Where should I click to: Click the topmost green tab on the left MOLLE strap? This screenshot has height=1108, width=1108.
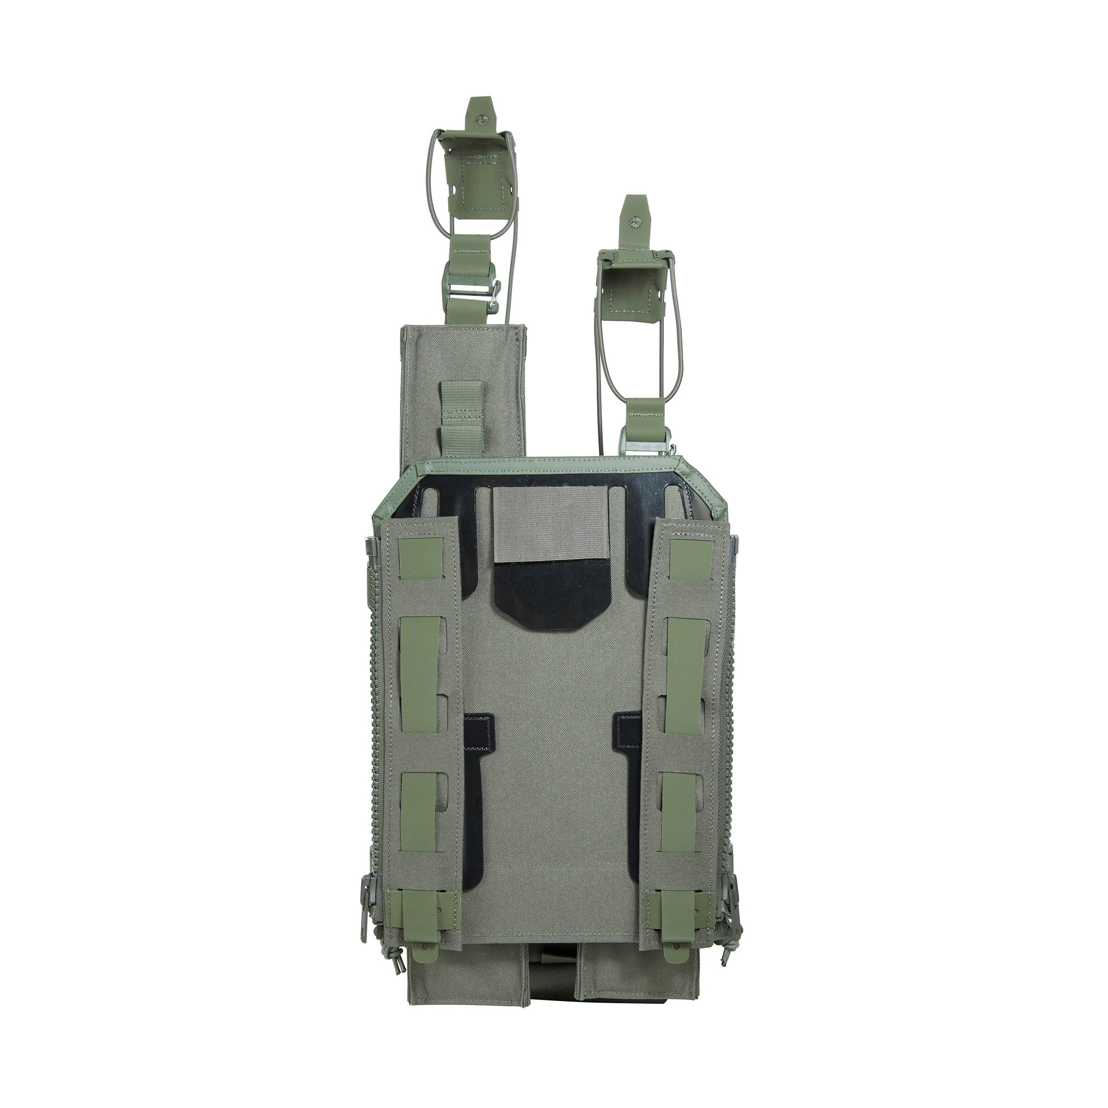point(420,558)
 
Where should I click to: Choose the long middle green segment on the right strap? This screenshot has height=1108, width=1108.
point(686,677)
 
